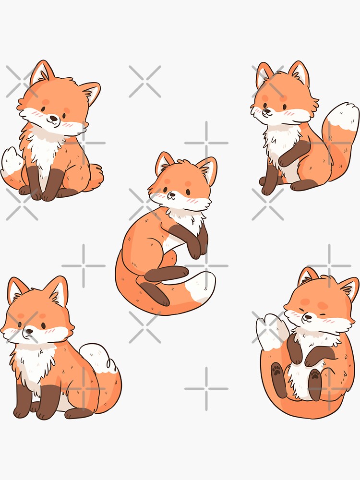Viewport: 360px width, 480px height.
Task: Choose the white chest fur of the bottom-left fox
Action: coord(34,365)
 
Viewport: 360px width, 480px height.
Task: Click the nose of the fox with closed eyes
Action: coord(308,317)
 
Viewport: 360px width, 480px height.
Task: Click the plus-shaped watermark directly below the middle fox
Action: coord(206,388)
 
